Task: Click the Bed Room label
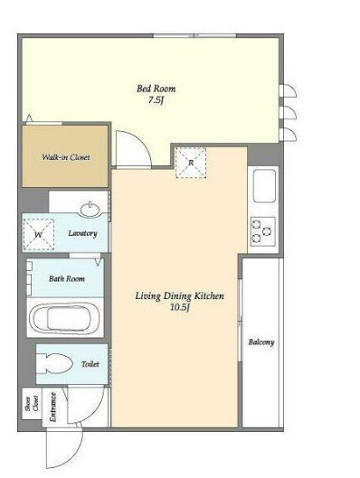point(156,89)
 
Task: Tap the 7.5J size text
point(156,100)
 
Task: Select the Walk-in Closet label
point(66,157)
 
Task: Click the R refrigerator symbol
point(191,163)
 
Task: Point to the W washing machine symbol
point(39,234)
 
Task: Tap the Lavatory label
point(82,233)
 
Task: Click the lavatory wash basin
point(90,210)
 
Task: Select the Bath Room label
point(67,278)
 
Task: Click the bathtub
point(64,318)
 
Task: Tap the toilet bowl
point(54,363)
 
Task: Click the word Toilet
point(90,364)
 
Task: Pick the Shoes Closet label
point(33,403)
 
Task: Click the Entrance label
point(53,407)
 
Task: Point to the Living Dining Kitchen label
point(180,295)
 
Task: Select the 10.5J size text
point(180,307)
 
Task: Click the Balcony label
point(261,342)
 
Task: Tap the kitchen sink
point(264,185)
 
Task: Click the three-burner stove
point(263,231)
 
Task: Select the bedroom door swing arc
point(145,143)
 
